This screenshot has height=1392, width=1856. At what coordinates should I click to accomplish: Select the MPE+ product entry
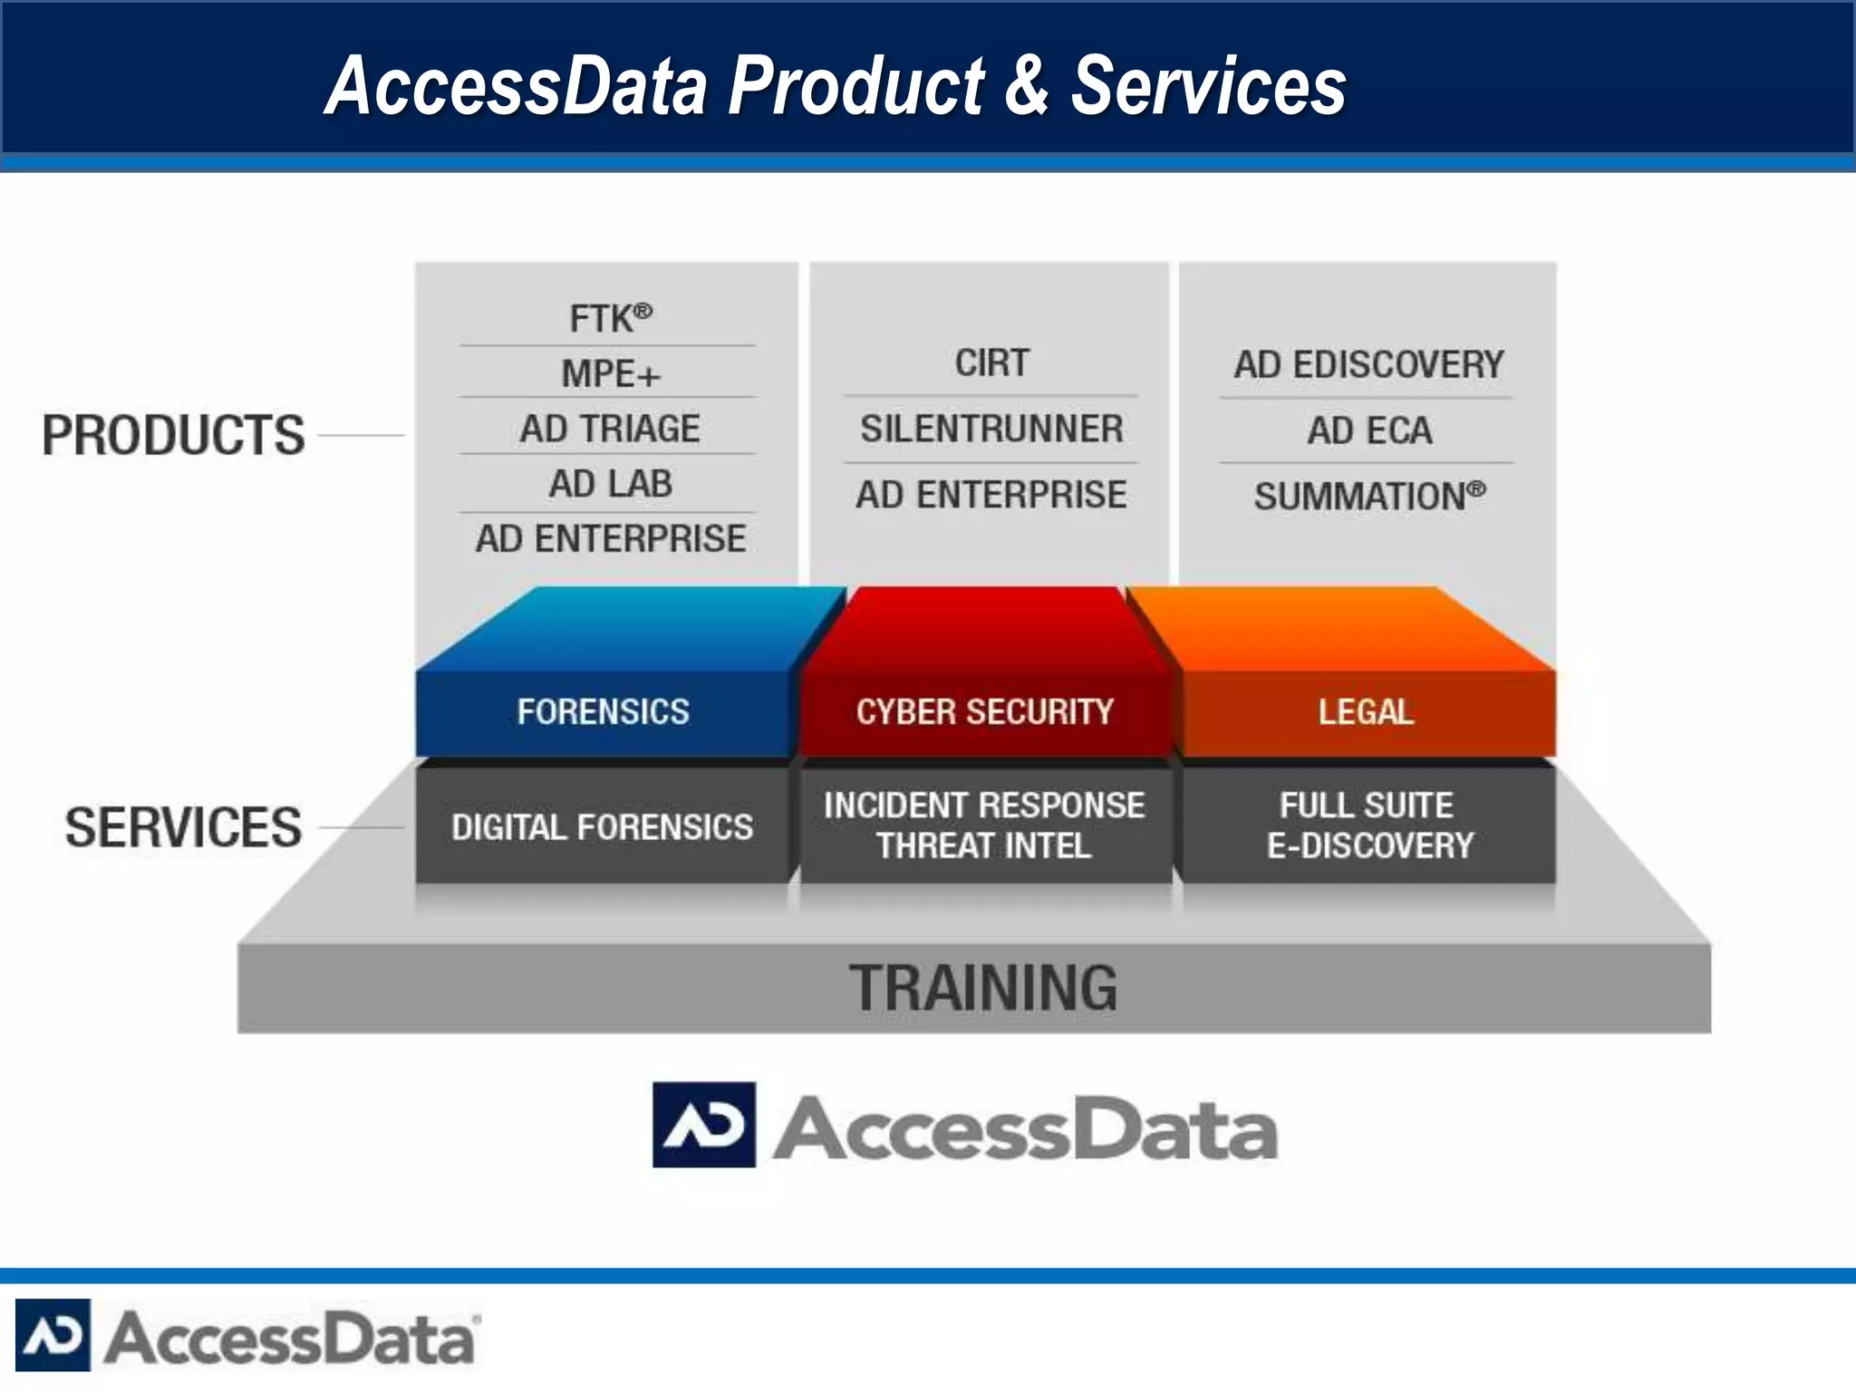click(609, 374)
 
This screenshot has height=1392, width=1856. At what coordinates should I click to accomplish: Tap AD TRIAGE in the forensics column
click(609, 429)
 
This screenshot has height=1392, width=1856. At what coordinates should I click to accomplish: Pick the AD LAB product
click(609, 484)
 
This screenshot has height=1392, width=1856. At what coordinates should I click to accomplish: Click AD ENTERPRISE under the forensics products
click(609, 539)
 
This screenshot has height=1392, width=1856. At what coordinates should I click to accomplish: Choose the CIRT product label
click(991, 363)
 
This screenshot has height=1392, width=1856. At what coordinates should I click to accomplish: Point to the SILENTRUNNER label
click(991, 429)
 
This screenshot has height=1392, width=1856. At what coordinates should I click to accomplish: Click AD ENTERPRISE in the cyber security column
click(991, 495)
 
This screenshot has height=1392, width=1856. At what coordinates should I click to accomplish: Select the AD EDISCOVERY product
click(1368, 365)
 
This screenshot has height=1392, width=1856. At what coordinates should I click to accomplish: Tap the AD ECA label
click(1368, 430)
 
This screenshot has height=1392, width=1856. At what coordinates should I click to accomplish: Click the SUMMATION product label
click(1368, 497)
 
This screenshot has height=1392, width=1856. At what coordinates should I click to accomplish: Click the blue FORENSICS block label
click(603, 712)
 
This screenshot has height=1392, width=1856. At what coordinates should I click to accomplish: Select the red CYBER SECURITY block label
click(984, 712)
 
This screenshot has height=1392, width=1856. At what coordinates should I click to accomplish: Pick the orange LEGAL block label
click(1366, 712)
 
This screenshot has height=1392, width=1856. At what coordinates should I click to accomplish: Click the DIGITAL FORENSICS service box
click(603, 826)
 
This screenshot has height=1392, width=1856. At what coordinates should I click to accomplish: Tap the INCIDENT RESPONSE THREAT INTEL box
click(984, 826)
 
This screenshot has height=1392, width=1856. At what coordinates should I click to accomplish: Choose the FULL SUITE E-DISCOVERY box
click(1368, 826)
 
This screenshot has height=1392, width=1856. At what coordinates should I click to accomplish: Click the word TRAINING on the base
click(983, 988)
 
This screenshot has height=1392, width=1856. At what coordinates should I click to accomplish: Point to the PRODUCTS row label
click(173, 435)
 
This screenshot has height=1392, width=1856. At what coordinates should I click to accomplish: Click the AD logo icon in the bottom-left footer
click(53, 1335)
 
